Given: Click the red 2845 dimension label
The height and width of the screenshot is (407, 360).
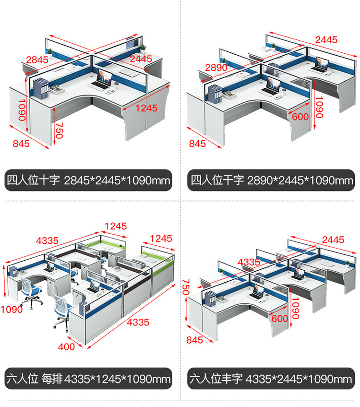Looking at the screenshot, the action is pyautogui.click(x=37, y=60).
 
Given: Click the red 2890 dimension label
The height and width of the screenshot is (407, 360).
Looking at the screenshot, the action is pyautogui.click(x=216, y=68).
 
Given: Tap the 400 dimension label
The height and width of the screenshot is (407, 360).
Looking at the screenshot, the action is pyautogui.click(x=66, y=347).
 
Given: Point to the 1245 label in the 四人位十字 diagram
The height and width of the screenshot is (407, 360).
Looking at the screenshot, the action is pyautogui.click(x=146, y=108).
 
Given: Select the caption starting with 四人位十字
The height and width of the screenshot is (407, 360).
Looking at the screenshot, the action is pyautogui.click(x=88, y=180).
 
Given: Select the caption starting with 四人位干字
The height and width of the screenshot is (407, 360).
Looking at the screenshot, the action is pyautogui.click(x=272, y=180).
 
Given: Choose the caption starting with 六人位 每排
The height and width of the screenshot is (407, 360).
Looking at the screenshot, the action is pyautogui.click(x=88, y=379).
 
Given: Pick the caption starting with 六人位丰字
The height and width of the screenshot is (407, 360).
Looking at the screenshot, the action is pyautogui.click(x=271, y=379).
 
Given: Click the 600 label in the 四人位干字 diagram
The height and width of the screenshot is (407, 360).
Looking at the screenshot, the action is pyautogui.click(x=300, y=117).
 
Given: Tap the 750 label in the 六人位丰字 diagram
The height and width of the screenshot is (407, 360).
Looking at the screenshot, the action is pyautogui.click(x=186, y=287).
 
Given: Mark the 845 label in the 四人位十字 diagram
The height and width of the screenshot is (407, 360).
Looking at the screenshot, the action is pyautogui.click(x=21, y=144).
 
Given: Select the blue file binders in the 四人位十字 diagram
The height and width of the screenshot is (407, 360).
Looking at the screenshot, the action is pyautogui.click(x=41, y=88).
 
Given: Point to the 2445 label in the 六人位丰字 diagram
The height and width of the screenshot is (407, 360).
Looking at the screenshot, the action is pyautogui.click(x=333, y=239).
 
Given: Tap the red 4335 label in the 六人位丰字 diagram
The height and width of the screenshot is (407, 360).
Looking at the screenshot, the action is pyautogui.click(x=249, y=262).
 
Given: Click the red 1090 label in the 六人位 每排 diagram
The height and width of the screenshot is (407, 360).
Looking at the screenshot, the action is pyautogui.click(x=12, y=310).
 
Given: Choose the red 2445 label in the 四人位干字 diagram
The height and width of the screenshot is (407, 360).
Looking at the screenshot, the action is pyautogui.click(x=326, y=40).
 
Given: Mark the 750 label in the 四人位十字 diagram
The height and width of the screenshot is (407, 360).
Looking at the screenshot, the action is pyautogui.click(x=60, y=131).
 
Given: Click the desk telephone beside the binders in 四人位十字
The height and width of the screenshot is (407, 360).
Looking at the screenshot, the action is pyautogui.click(x=57, y=89).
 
